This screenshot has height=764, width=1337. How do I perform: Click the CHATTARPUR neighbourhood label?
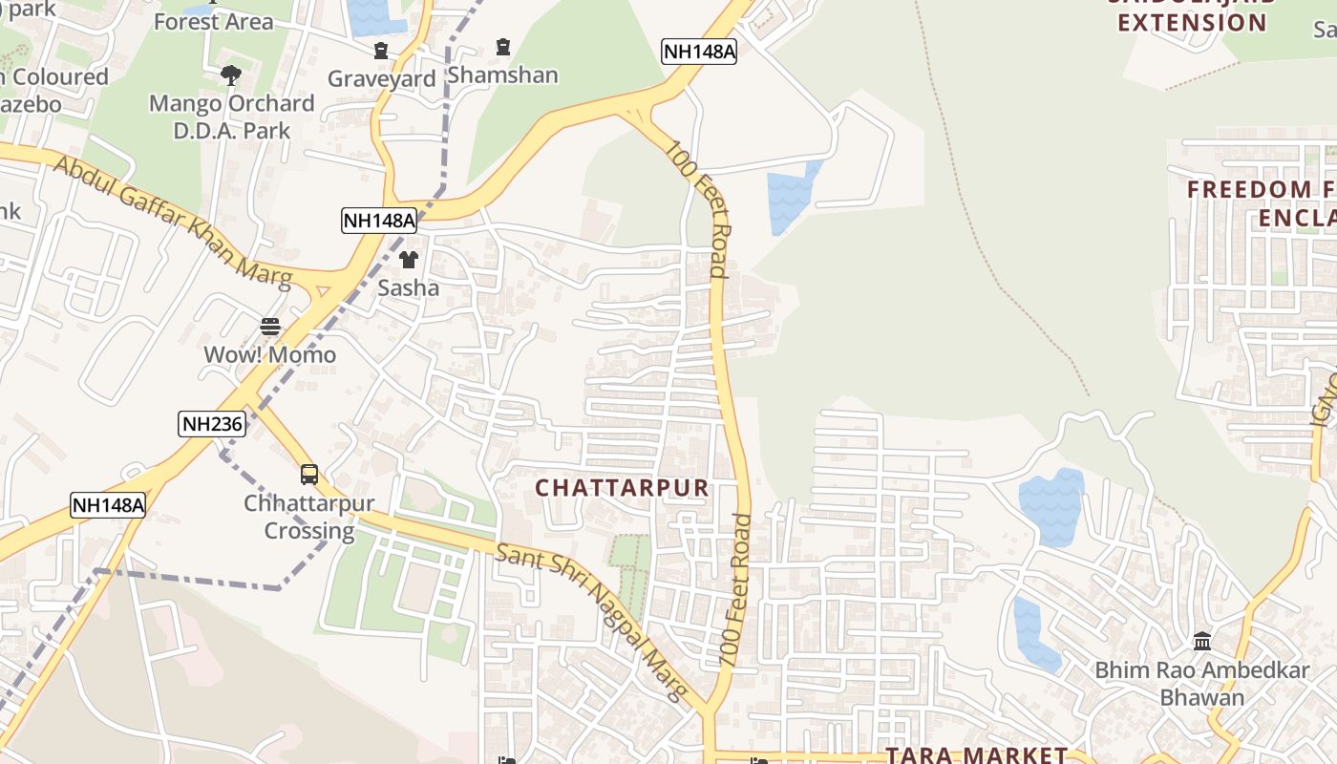622,488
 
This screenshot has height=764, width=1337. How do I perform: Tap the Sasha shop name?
409,287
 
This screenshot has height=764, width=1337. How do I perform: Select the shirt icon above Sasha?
409,259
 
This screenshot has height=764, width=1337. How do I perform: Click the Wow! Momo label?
270,355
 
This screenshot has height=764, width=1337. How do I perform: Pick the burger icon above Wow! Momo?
270,327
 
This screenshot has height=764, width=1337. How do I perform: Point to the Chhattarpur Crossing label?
309,517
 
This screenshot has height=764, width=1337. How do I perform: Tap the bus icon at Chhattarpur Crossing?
309,475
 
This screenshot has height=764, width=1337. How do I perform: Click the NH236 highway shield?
212,424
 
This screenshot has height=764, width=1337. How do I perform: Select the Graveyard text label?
381,79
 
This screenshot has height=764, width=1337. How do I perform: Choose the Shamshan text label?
502,74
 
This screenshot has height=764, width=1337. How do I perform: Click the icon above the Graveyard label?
381,51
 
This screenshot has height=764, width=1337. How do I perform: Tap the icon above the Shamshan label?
503,46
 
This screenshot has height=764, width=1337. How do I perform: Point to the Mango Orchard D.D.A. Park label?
231,117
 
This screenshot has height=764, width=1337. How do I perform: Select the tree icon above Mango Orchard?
230,74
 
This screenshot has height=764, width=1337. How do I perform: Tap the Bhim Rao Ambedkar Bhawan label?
1202,683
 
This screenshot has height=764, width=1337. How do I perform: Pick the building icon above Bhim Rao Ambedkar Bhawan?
1202,641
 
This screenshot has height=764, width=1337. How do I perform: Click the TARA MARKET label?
976,754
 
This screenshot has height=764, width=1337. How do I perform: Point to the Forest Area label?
213,21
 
